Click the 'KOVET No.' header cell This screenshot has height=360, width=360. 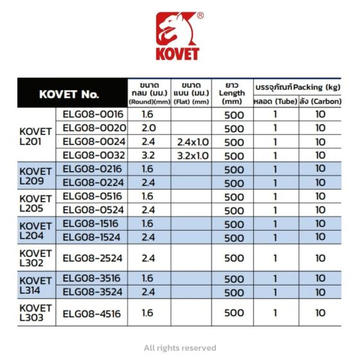point(69,94)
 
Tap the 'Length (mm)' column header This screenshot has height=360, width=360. point(232,93)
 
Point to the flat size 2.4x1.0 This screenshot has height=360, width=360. point(191,141)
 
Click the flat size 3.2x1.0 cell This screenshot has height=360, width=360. point(191,155)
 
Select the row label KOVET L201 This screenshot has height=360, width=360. point(36,134)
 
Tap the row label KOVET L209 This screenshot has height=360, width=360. point(36,176)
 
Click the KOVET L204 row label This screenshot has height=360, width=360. point(36,231)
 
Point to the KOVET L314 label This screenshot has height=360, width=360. point(36,285)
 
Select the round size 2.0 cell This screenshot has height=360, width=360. point(148,127)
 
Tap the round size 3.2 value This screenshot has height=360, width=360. point(148,155)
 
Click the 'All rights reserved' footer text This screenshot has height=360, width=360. point(180,347)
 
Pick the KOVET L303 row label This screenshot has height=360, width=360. point(36,313)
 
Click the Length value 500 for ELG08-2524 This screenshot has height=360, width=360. point(233,258)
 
